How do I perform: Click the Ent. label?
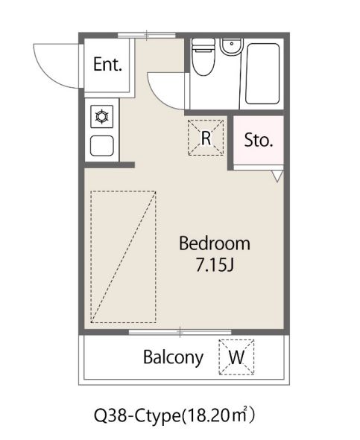tap(107, 64)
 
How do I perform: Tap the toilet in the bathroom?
tap(203, 57)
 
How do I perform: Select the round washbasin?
tap(231, 47)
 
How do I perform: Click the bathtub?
tap(262, 74)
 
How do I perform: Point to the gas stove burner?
tap(101, 116)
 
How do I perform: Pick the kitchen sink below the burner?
tap(101, 146)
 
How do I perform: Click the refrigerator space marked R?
tap(206, 138)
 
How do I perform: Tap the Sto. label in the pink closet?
tap(259, 140)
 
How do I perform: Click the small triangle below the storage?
tap(277, 176)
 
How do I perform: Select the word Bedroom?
tap(215, 243)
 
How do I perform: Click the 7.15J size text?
tap(215, 265)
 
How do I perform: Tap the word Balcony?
tap(173, 358)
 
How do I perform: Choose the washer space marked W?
tap(236, 357)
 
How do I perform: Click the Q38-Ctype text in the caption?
tap(137, 416)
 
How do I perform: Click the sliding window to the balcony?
tap(180, 332)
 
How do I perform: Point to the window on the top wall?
tap(146, 35)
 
